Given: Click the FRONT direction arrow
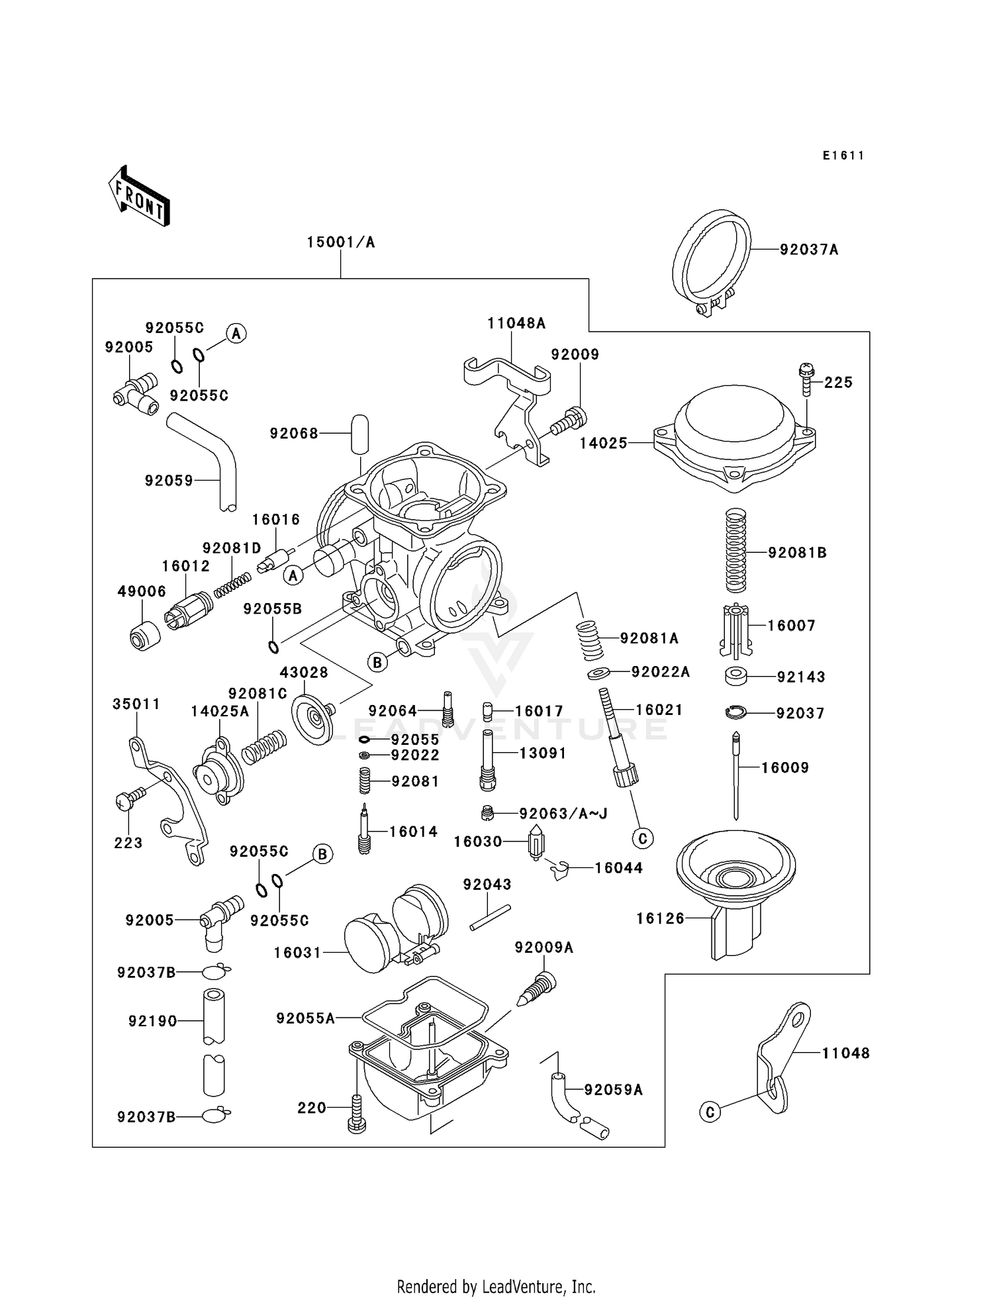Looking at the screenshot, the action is pyautogui.click(x=139, y=197).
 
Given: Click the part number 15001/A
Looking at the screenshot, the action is pyautogui.click(x=341, y=242).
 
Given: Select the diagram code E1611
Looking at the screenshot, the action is pyautogui.click(x=843, y=156).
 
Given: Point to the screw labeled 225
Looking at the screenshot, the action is pyautogui.click(x=806, y=379).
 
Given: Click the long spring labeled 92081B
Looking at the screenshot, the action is pyautogui.click(x=736, y=550).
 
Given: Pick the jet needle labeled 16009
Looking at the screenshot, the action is pyautogui.click(x=736, y=776).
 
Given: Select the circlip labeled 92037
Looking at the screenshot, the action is pyautogui.click(x=735, y=712).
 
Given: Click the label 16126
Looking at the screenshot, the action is pyautogui.click(x=660, y=918).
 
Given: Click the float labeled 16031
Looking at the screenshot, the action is pyautogui.click(x=396, y=928).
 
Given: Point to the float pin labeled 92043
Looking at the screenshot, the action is pyautogui.click(x=491, y=918).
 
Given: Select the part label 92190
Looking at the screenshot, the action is pyautogui.click(x=153, y=1021).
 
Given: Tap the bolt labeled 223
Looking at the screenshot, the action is pyautogui.click(x=131, y=797).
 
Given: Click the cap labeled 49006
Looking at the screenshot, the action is pyautogui.click(x=144, y=636).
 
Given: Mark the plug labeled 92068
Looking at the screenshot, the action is pyautogui.click(x=359, y=434).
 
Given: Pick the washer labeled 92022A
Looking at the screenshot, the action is pyautogui.click(x=599, y=674).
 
